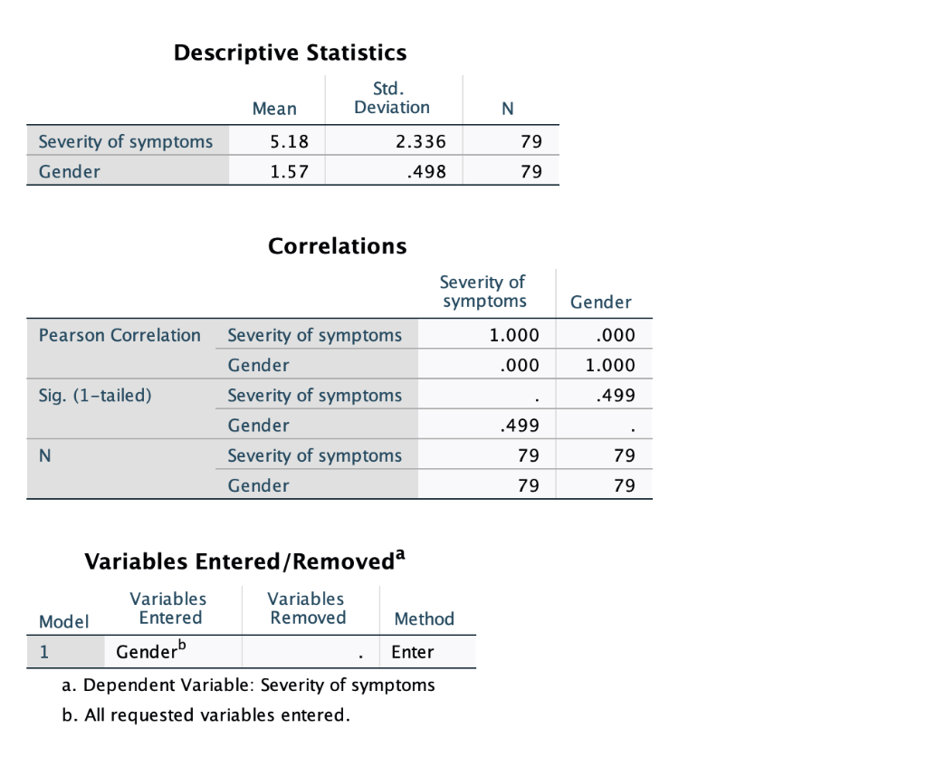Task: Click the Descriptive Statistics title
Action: (x=290, y=53)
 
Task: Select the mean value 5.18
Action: (x=290, y=141)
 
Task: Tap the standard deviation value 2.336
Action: (x=421, y=141)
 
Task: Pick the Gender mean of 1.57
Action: (x=290, y=171)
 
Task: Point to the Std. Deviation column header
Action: (x=391, y=98)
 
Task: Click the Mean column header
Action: (x=274, y=109)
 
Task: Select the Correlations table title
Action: (x=338, y=245)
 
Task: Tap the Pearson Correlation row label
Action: (x=119, y=335)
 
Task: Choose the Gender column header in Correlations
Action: (x=601, y=302)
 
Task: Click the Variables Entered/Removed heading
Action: (x=244, y=561)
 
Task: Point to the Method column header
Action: (x=424, y=619)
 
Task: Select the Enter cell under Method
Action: (x=412, y=652)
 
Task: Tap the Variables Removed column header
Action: (x=308, y=609)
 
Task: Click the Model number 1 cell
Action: (x=44, y=652)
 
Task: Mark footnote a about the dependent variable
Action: (x=248, y=685)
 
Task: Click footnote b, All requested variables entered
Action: (x=205, y=715)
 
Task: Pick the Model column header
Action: (x=63, y=621)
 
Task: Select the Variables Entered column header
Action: (x=169, y=609)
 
